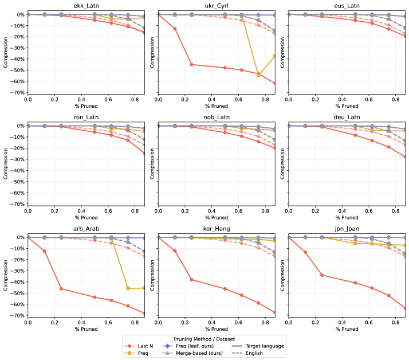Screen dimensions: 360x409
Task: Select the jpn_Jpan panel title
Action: point(345,228)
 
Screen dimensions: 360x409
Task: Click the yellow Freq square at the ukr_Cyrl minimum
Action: point(258,75)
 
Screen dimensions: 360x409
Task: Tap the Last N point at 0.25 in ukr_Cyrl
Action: point(191,64)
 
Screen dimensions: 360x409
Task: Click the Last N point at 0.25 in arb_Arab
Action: point(61,288)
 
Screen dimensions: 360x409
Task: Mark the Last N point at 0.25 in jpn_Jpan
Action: point(321,275)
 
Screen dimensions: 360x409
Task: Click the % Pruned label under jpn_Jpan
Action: point(345,330)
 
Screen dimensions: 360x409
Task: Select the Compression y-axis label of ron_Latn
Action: point(6,165)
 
